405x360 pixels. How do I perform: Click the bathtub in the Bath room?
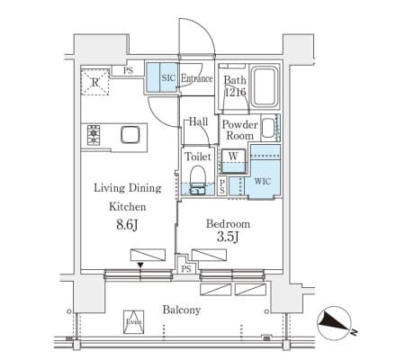(265, 86)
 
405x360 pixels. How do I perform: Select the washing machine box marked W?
(233, 161)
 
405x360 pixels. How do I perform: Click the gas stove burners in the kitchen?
(94, 135)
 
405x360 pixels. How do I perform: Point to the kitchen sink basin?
(130, 135)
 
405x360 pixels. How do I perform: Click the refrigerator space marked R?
(94, 82)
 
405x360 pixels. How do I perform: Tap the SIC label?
(168, 78)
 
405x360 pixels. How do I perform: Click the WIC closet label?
(263, 181)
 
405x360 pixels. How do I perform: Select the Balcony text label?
(182, 310)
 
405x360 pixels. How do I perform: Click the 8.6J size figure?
(127, 224)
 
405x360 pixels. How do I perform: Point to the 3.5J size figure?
(228, 237)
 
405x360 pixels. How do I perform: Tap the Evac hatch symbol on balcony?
(134, 322)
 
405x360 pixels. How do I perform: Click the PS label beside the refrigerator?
(128, 71)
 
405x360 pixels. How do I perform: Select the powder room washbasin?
(268, 128)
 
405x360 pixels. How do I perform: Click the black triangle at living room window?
(140, 265)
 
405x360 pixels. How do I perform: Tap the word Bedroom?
(228, 224)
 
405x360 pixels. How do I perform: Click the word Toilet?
(198, 157)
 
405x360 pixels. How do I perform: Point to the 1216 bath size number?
(236, 92)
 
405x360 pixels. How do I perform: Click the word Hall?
(198, 121)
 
